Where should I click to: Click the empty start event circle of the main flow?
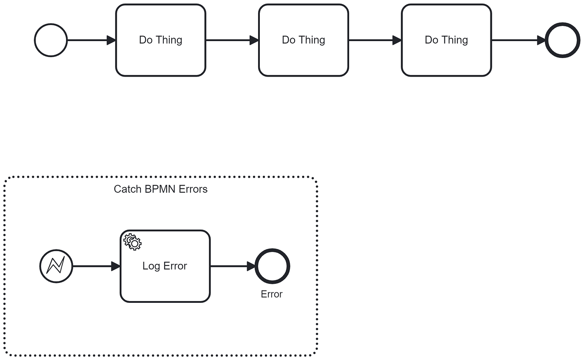(51, 40)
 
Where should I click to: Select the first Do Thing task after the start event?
(160, 40)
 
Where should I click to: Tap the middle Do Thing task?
(303, 40)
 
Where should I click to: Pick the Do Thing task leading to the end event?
(446, 40)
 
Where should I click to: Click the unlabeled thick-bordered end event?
(562, 40)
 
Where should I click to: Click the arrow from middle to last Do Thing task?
(375, 40)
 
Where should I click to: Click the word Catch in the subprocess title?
(127, 189)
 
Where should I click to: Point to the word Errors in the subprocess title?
(193, 189)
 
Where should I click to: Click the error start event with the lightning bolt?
(56, 266)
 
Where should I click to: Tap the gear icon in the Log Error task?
(132, 242)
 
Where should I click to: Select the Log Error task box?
(165, 280)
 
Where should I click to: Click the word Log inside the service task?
(151, 266)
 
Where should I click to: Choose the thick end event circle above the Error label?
(273, 266)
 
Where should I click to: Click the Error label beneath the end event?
(272, 294)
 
